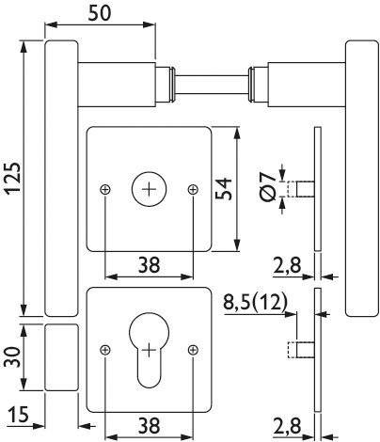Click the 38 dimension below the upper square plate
(x=148, y=267)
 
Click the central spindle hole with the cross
(x=149, y=188)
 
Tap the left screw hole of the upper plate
(x=103, y=189)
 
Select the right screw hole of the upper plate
(x=193, y=189)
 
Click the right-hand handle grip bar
(x=360, y=179)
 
